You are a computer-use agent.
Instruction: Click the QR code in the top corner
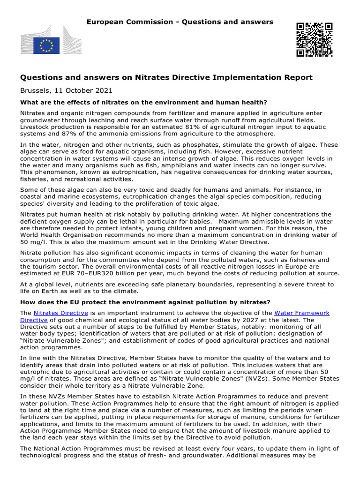tap(314, 39)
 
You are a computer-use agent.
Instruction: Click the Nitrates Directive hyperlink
tap(60, 313)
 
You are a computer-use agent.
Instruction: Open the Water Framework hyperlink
tap(302, 313)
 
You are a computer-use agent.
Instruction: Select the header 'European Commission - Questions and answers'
tap(180, 22)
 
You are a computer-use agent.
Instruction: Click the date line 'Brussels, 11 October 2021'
tap(66, 90)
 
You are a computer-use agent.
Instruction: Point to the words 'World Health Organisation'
tap(60, 235)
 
